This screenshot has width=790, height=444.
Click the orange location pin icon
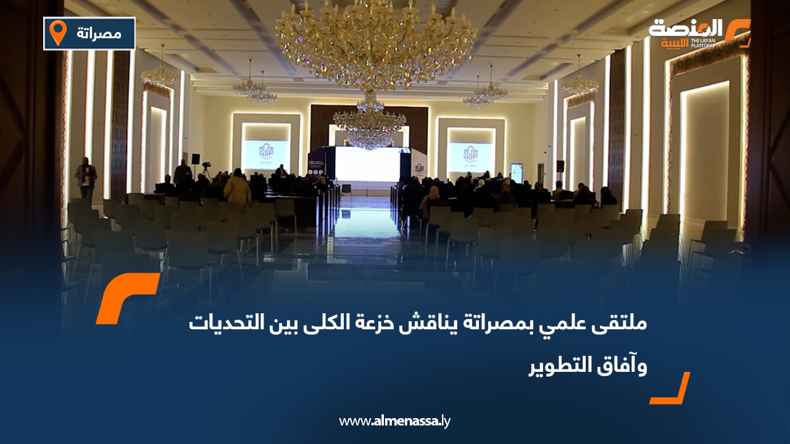coord(58,32)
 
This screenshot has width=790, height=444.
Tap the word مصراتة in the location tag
coord(99,33)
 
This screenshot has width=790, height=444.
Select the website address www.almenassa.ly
coord(395,422)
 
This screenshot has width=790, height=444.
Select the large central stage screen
coord(367,164)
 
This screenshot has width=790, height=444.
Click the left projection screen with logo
coord(265,154)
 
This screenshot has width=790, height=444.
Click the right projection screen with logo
coord(470,157)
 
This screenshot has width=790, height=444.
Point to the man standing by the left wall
coord(86,178)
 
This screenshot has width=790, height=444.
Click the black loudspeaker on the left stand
coord(196,158)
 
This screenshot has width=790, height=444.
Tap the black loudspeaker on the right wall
coord(560,166)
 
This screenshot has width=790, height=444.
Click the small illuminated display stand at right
coord(517,173)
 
